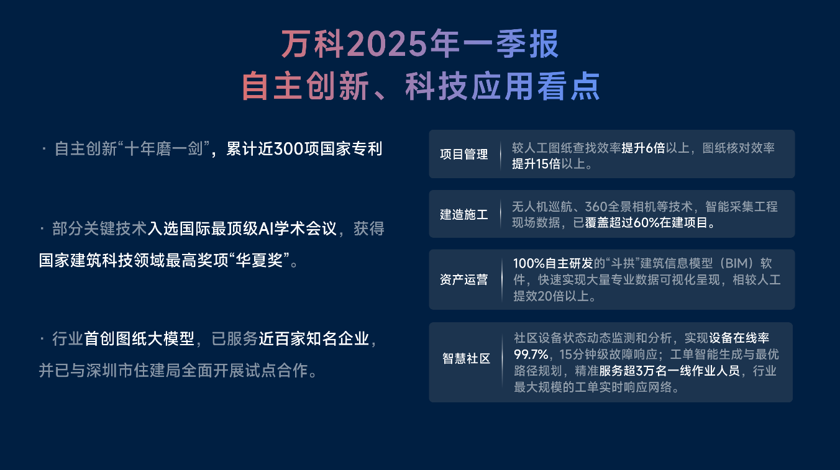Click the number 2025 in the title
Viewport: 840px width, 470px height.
pyautogui.click(x=387, y=44)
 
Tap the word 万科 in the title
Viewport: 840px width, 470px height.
pyautogui.click(x=313, y=44)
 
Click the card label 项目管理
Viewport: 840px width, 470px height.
pyautogui.click(x=464, y=154)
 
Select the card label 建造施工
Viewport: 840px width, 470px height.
pyautogui.click(x=464, y=214)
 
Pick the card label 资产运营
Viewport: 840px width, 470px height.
pyautogui.click(x=464, y=279)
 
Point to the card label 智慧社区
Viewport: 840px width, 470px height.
pyautogui.click(x=466, y=359)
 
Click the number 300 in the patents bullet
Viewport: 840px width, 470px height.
pyautogui.click(x=289, y=149)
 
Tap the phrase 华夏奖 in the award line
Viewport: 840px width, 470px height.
pyautogui.click(x=259, y=260)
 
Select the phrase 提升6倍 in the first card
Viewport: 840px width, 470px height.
pyautogui.click(x=643, y=148)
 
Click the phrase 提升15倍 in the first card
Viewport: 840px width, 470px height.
pyautogui.click(x=536, y=164)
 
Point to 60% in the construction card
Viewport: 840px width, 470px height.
pyautogui.click(x=646, y=223)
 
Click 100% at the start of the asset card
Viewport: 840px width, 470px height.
pyautogui.click(x=529, y=263)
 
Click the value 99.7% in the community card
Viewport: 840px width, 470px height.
pyautogui.click(x=531, y=354)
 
